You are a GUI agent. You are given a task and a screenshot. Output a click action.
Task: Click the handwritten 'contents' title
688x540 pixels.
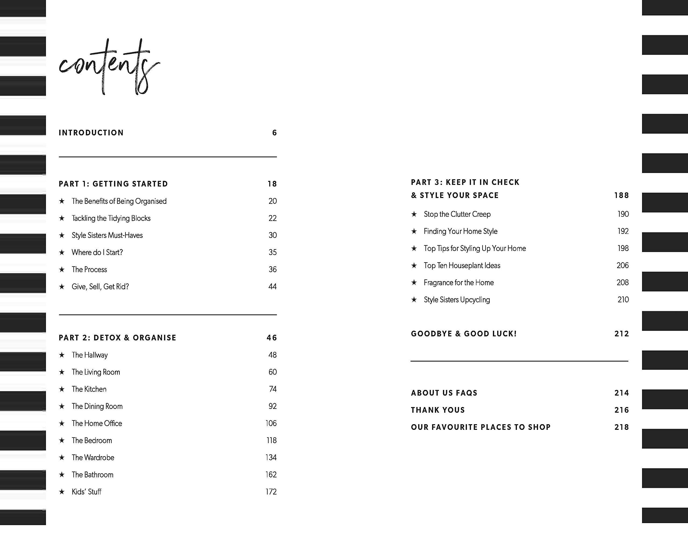pyautogui.click(x=109, y=67)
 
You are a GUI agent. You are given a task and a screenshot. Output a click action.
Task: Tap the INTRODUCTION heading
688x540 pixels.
pyautogui.click(x=91, y=133)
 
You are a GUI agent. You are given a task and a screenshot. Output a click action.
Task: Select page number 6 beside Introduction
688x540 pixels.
pyautogui.click(x=274, y=133)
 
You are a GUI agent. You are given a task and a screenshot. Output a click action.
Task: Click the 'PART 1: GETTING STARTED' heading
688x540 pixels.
pyautogui.click(x=113, y=184)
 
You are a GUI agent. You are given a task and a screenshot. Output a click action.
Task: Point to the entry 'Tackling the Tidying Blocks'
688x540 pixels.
pyautogui.click(x=111, y=218)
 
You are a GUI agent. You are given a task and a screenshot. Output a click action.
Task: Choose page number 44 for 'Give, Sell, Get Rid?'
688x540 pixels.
pyautogui.click(x=272, y=286)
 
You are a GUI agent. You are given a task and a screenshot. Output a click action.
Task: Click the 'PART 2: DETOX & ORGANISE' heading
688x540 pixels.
pyautogui.click(x=117, y=338)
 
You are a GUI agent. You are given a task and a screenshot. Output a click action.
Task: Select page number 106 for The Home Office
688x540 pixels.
pyautogui.click(x=271, y=423)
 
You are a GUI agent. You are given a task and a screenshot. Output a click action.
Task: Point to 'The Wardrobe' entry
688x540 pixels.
pyautogui.click(x=93, y=458)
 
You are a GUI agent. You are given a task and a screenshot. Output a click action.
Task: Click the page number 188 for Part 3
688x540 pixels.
pyautogui.click(x=621, y=195)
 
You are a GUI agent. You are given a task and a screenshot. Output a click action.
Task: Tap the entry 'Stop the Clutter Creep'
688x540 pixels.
pyautogui.click(x=457, y=214)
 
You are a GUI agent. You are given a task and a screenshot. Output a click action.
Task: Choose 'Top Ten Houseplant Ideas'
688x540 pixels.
pyautogui.click(x=462, y=265)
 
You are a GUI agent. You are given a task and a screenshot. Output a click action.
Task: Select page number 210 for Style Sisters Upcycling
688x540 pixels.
pyautogui.click(x=623, y=299)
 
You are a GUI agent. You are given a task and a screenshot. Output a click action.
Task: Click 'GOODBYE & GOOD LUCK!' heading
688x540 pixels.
pyautogui.click(x=464, y=334)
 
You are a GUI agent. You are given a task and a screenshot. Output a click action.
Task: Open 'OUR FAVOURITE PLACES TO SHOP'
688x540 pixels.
pyautogui.click(x=481, y=427)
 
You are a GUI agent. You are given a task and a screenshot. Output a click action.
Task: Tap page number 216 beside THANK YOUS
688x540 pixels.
pyautogui.click(x=621, y=410)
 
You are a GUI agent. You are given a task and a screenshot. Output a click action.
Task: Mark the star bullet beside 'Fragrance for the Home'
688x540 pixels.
pyautogui.click(x=414, y=282)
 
